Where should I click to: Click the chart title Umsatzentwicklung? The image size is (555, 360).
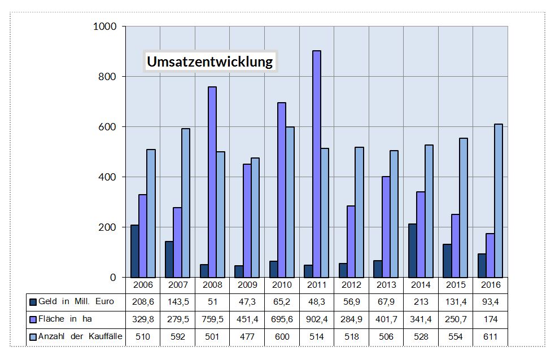click(x=209, y=61)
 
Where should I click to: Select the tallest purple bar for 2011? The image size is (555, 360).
click(x=317, y=164)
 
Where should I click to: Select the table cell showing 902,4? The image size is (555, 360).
click(x=317, y=319)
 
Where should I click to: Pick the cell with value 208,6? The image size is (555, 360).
click(x=143, y=302)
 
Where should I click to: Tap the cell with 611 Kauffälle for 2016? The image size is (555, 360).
click(x=490, y=337)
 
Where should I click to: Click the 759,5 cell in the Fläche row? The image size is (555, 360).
click(x=212, y=319)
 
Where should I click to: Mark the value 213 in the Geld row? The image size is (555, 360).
click(x=421, y=302)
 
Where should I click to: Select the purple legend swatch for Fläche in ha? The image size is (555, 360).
click(x=33, y=319)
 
